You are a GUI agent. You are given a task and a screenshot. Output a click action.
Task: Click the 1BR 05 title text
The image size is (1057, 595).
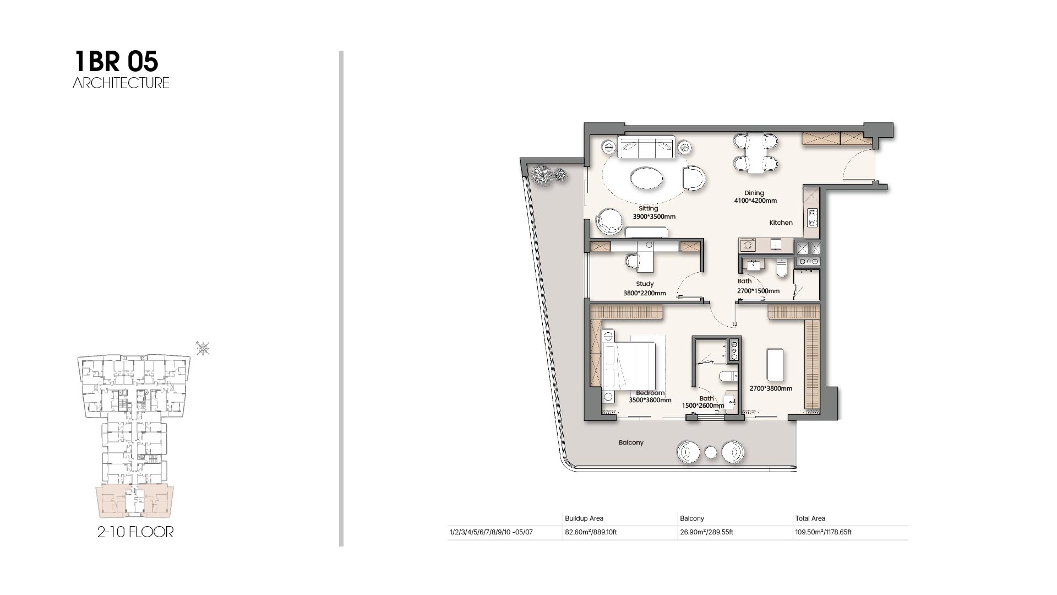tap(116, 61)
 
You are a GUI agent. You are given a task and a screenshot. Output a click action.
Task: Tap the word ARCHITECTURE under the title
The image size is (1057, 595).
tap(121, 83)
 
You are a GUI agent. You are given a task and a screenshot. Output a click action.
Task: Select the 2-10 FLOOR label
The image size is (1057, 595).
tap(135, 532)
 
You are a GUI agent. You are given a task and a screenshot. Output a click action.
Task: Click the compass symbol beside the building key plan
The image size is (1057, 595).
tap(203, 348)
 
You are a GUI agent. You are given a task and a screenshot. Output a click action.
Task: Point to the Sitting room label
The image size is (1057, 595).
tap(649, 208)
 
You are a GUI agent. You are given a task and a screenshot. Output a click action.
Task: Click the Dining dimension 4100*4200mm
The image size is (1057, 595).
tap(755, 201)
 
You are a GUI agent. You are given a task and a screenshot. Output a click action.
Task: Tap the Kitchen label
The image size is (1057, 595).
tap(781, 223)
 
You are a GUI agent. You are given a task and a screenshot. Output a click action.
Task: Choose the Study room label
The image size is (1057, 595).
tap(645, 284)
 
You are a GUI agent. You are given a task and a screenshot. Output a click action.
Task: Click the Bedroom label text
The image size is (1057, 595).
tap(650, 393)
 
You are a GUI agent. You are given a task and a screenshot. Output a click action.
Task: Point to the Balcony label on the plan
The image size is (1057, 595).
tap(631, 442)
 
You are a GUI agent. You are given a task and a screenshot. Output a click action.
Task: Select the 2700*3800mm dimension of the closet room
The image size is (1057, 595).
tap(771, 388)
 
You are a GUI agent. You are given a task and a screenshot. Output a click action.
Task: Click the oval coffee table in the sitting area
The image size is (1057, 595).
tap(646, 178)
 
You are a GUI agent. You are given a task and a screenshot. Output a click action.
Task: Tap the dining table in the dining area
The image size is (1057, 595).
tap(755, 153)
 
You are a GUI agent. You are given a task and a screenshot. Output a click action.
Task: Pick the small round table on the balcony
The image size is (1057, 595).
tap(711, 452)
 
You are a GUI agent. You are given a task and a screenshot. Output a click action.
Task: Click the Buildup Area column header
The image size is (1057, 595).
tap(584, 518)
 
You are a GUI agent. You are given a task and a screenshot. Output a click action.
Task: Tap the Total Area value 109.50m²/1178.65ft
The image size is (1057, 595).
tap(823, 532)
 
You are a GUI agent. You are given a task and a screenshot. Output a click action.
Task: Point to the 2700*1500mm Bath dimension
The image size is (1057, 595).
tap(758, 291)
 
